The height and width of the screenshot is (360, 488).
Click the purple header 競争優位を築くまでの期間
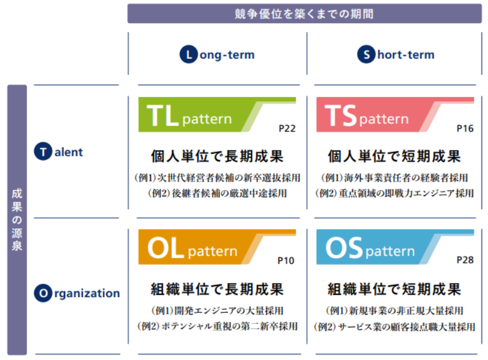point(304,14)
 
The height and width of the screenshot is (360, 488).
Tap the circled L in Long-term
point(188,54)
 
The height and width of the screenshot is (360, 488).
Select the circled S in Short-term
point(367,54)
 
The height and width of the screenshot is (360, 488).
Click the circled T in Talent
point(43,152)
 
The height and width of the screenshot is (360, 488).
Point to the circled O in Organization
point(43,293)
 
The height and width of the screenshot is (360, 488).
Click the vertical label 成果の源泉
point(17,220)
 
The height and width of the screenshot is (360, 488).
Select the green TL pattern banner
point(217,114)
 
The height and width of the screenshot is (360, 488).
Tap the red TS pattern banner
point(395,114)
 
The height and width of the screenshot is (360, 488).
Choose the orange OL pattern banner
point(217,247)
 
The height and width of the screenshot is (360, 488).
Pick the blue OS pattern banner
point(395,247)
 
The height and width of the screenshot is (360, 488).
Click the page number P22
point(287,128)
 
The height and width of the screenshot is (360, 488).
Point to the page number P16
point(465,128)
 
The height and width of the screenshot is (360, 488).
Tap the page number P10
point(285,261)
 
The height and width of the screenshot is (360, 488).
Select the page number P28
point(465,260)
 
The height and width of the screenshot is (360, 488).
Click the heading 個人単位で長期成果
point(217,156)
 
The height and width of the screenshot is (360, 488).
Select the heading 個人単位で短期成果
point(394,156)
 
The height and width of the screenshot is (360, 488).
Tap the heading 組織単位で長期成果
point(217,289)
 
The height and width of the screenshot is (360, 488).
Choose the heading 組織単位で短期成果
point(394,289)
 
